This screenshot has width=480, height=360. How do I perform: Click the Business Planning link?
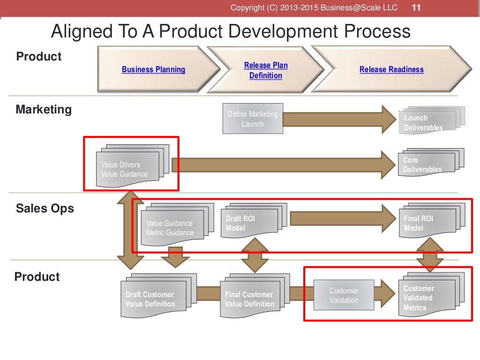point(153,69)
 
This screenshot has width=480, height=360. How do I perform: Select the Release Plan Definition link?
point(266,70)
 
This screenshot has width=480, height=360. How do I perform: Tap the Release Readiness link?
point(391,69)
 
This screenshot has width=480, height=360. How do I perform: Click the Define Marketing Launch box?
point(253,119)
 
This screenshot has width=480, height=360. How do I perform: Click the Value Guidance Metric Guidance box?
point(171,228)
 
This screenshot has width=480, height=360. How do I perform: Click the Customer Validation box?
point(344,295)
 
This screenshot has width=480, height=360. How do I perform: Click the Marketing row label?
point(44,110)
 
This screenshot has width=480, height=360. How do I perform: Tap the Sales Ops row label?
point(45,208)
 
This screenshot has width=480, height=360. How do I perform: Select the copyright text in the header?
point(314,8)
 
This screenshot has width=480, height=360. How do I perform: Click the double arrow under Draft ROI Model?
point(254,255)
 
